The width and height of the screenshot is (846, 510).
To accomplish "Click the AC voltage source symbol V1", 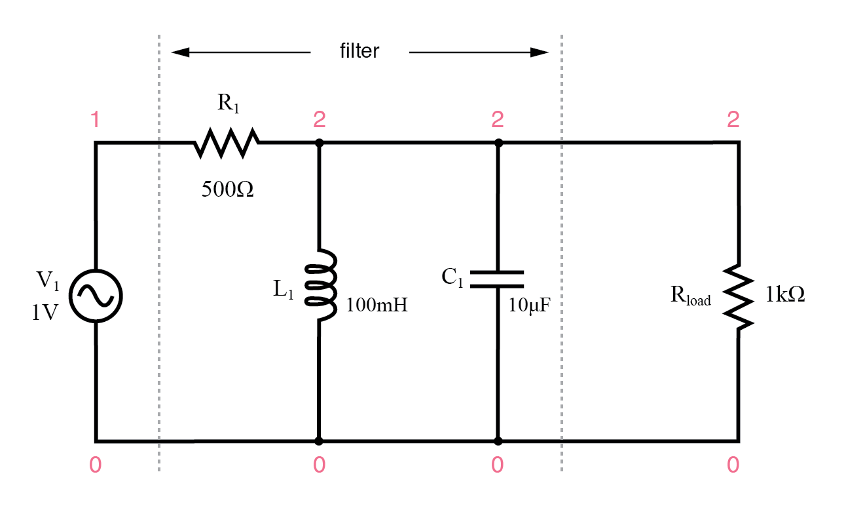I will pyautogui.click(x=96, y=297).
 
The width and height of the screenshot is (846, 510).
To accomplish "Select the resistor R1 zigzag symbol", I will pyautogui.click(x=227, y=143).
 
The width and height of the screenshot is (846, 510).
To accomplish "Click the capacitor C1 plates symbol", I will pyautogui.click(x=498, y=279).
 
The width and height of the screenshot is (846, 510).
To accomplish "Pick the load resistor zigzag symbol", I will pyautogui.click(x=739, y=297).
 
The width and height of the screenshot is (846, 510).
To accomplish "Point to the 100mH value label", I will pyautogui.click(x=377, y=305).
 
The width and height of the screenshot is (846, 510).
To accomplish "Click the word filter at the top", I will pyautogui.click(x=359, y=52).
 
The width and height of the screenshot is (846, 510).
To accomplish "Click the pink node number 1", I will pyautogui.click(x=96, y=120).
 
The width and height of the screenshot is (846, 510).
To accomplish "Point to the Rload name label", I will pyautogui.click(x=690, y=296).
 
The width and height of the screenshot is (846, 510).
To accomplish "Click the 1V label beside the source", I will pyautogui.click(x=45, y=313).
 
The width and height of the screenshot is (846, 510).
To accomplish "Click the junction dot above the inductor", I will pyautogui.click(x=319, y=143).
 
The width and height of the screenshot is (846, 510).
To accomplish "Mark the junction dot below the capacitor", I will pyautogui.click(x=498, y=441).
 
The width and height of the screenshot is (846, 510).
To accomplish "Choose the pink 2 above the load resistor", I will pyautogui.click(x=733, y=120).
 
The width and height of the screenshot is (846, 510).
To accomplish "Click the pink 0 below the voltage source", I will pyautogui.click(x=96, y=465).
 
